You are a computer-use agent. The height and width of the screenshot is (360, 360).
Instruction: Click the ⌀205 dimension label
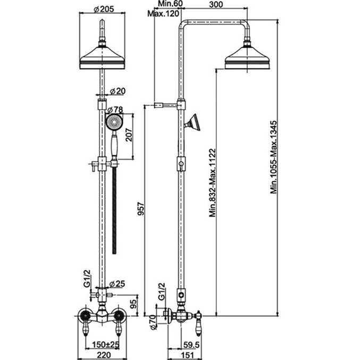point(104,9)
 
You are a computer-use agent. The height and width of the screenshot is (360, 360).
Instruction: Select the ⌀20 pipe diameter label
point(118,91)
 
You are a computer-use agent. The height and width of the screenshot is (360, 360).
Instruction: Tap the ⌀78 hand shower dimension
point(115,110)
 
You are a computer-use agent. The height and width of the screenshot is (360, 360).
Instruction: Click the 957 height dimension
point(140,208)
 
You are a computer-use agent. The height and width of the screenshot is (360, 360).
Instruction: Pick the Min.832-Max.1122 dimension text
point(212,182)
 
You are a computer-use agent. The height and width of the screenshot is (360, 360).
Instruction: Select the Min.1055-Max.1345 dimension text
point(274,157)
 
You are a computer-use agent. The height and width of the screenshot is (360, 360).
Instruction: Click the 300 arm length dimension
point(216,4)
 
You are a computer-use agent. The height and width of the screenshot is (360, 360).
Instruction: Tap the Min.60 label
point(170,4)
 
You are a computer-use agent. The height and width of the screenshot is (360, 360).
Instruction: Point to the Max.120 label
point(163,13)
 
